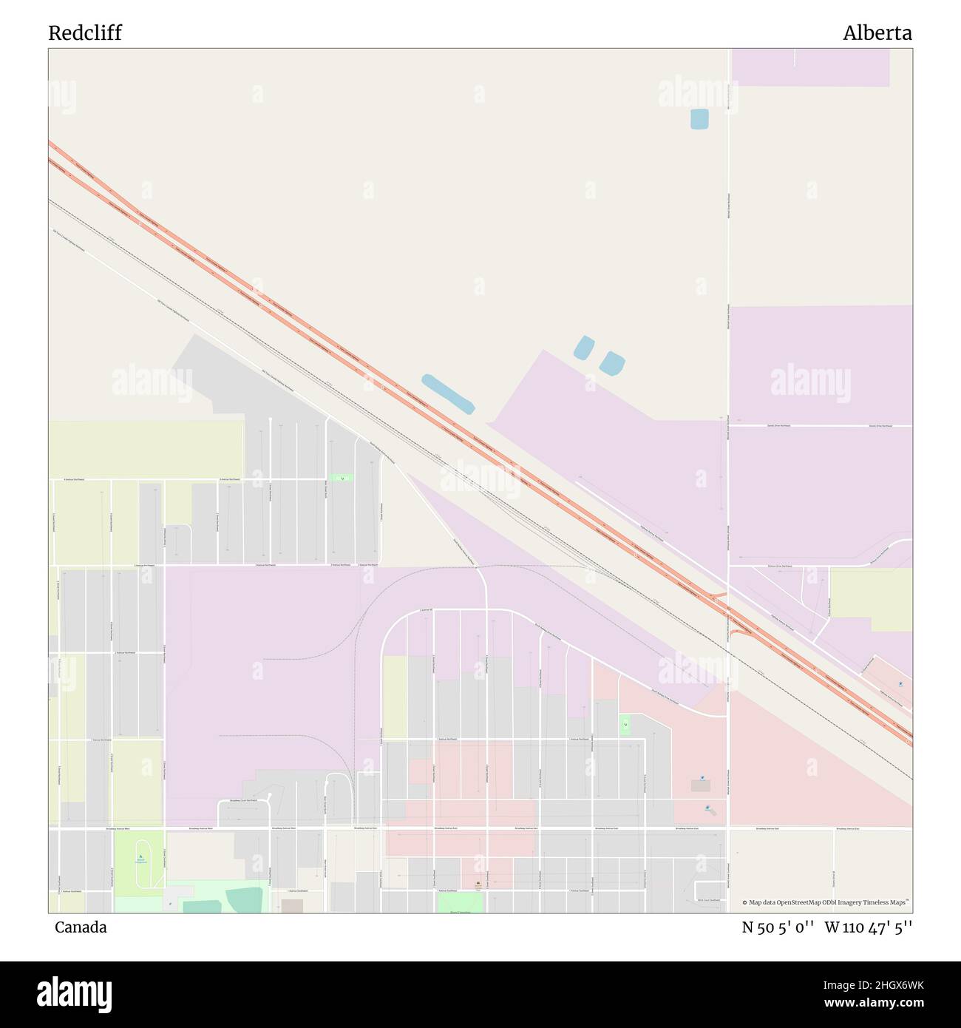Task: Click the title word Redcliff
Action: [x=85, y=33]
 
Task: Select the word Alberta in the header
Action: [x=877, y=33]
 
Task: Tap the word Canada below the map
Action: [x=81, y=927]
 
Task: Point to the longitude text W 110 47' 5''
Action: [x=869, y=927]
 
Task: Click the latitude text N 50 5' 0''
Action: [x=778, y=927]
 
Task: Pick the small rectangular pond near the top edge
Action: [x=699, y=119]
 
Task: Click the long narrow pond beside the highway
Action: [x=448, y=393]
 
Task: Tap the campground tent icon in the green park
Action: [x=140, y=858]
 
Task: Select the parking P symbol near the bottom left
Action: [x=170, y=904]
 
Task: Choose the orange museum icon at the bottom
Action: [x=478, y=884]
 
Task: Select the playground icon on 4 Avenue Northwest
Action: [x=342, y=479]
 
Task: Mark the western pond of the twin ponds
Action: [x=584, y=347]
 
